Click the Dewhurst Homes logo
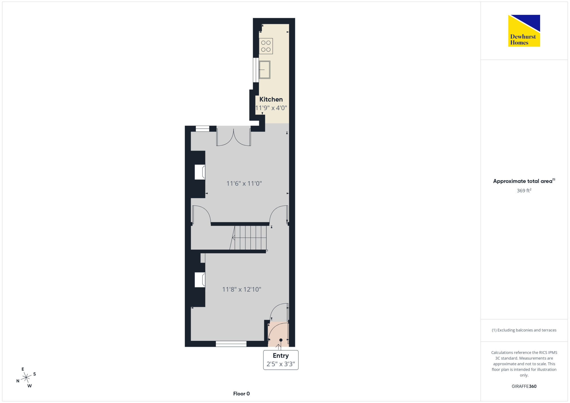(524, 30)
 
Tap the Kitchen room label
(271, 99)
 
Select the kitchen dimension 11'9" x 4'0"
(271, 108)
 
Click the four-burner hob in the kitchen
(266, 46)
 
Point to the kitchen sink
(265, 70)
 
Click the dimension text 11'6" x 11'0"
(244, 183)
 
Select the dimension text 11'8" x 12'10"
(242, 289)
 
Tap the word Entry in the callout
(281, 355)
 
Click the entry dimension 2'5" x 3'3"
(281, 364)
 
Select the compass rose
(26, 377)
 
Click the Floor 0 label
(241, 394)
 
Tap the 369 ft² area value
(524, 190)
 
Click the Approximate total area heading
(524, 181)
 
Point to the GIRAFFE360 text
(524, 386)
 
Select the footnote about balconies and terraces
(524, 330)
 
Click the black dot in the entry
(281, 340)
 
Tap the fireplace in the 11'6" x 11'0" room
(200, 172)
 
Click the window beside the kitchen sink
(256, 70)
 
